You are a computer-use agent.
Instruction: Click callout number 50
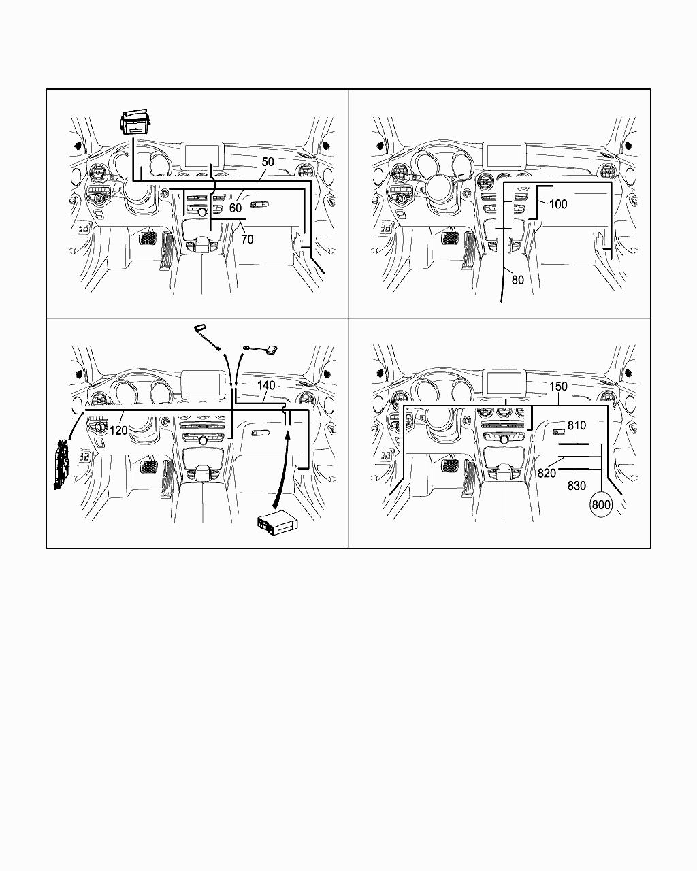(x=268, y=162)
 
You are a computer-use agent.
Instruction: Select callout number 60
(x=236, y=208)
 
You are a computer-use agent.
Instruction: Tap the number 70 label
(x=247, y=239)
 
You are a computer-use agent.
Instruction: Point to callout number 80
(x=517, y=280)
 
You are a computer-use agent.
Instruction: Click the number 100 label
(x=557, y=204)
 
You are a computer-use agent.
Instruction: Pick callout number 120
(x=118, y=430)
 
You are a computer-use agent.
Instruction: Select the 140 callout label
(x=266, y=385)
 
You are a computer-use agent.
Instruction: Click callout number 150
(x=557, y=387)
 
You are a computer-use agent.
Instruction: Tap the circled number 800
(x=601, y=505)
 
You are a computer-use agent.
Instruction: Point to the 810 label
(x=577, y=426)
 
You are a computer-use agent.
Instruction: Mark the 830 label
(x=577, y=486)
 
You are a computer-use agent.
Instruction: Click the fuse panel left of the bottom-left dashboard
(x=62, y=465)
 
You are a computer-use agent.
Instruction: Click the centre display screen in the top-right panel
(x=504, y=154)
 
